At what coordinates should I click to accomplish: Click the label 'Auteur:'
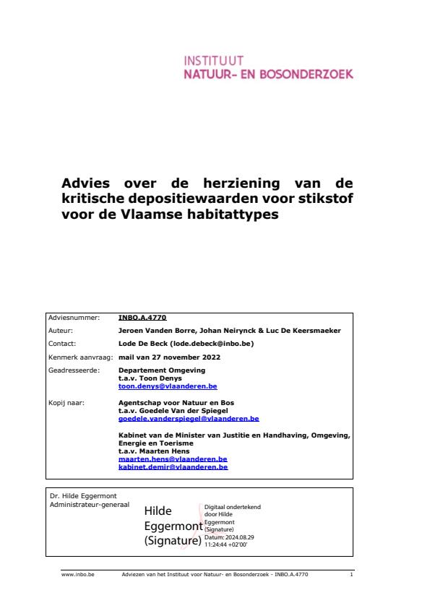(60, 330)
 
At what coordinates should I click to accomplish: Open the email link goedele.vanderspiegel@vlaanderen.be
(188, 418)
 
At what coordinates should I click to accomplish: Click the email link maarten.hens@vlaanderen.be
(173, 459)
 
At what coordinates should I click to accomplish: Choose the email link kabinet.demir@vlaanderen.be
(173, 466)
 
